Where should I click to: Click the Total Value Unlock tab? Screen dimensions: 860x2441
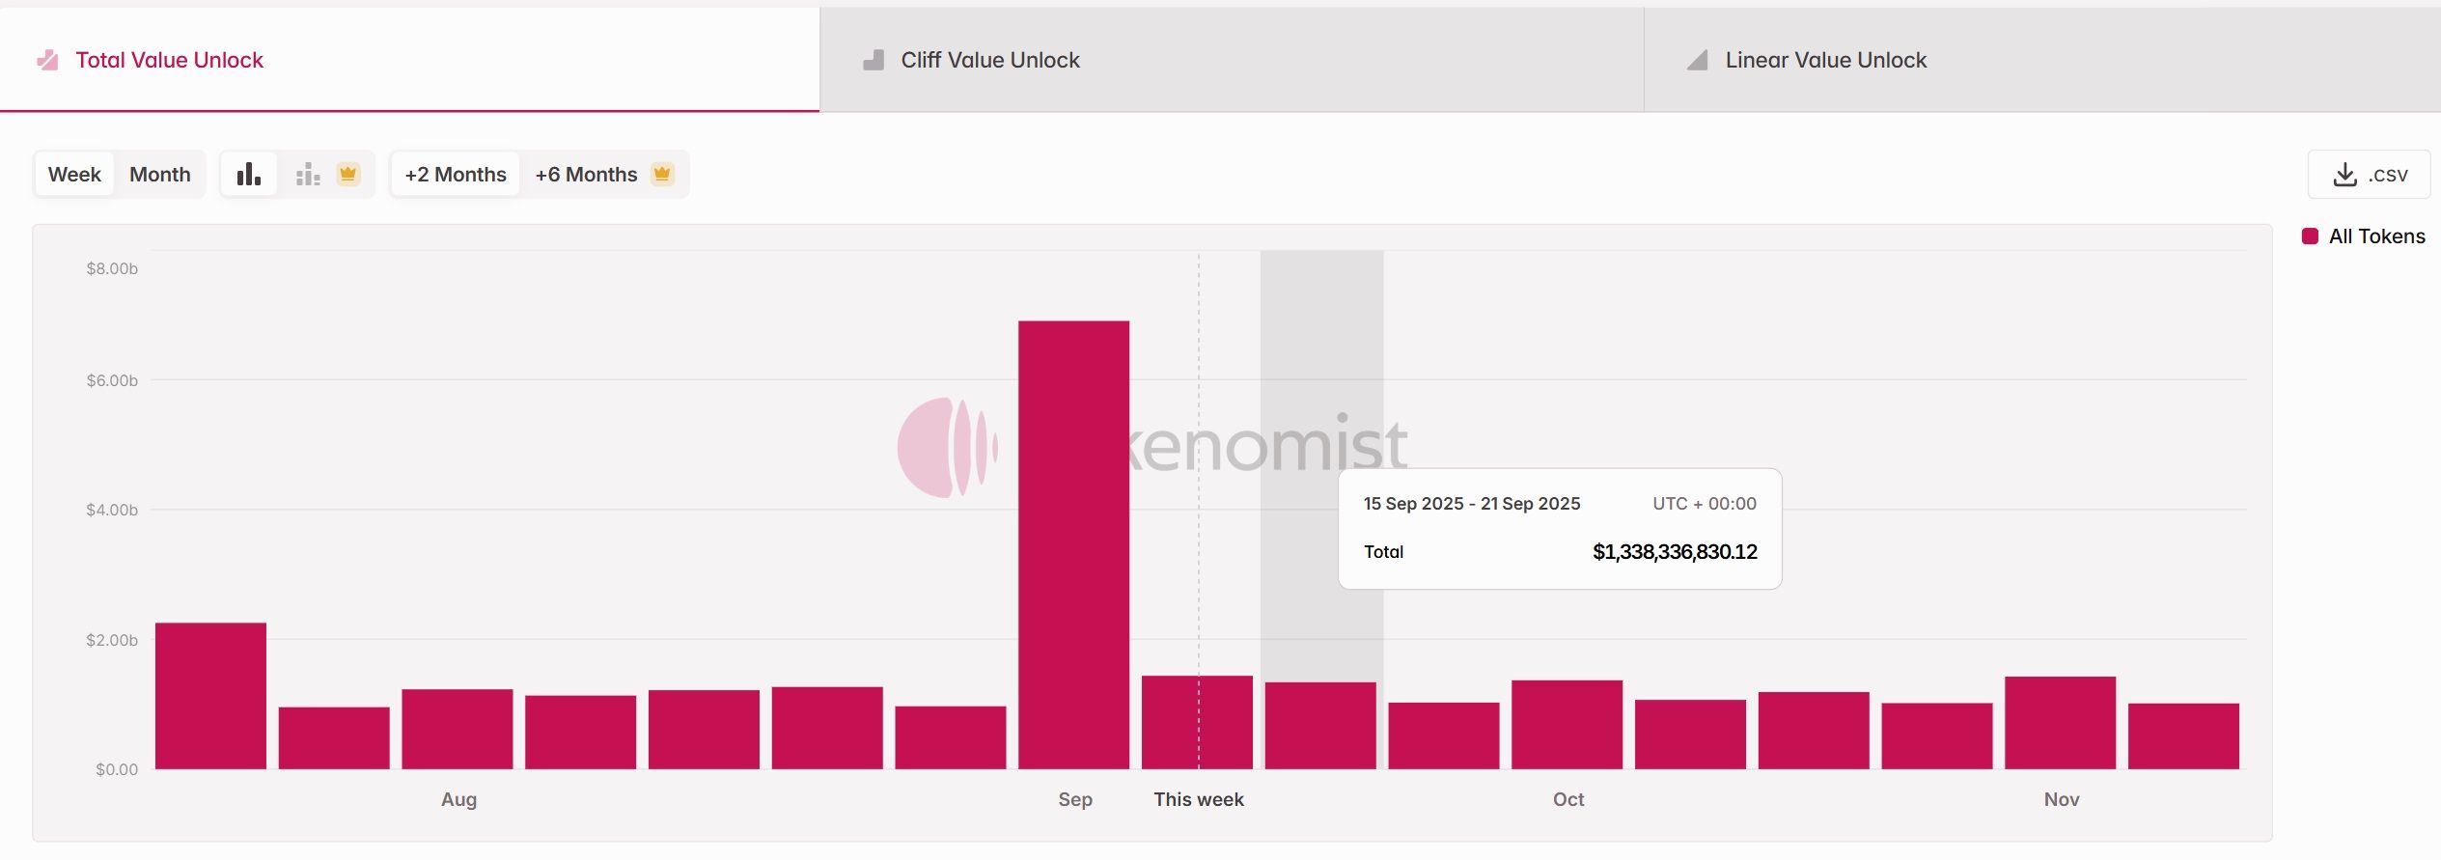tap(169, 60)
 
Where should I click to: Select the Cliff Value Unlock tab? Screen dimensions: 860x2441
tap(989, 60)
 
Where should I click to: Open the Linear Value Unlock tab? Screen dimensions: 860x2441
tap(1824, 60)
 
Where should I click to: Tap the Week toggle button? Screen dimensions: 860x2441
tap(74, 175)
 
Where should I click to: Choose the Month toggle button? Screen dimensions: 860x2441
tap(160, 175)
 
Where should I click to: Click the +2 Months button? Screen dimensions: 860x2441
tap(456, 175)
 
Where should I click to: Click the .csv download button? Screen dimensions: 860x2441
tap(2369, 175)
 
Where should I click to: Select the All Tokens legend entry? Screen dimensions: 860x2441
tap(2375, 236)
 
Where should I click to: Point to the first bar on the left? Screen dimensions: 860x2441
tap(210, 695)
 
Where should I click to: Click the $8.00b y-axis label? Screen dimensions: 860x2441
tap(112, 268)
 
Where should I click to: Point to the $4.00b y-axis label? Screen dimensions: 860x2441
tap(112, 510)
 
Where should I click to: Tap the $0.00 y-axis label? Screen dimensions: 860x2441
tap(117, 769)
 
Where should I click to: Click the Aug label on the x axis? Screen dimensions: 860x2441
tap(458, 799)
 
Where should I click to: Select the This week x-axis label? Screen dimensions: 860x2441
tap(1198, 799)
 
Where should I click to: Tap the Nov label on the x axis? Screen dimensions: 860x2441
tap(2061, 799)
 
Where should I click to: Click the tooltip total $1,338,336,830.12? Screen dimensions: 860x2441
tap(1674, 552)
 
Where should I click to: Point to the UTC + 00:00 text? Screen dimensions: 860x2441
tap(1704, 504)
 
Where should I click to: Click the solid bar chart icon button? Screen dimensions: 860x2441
tap(249, 175)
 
